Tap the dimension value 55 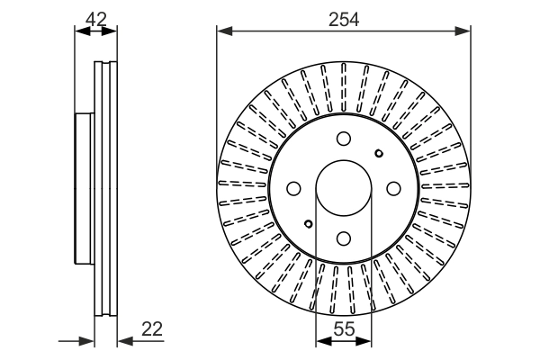[343, 329]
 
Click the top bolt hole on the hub [343, 139]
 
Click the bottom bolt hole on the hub [343, 238]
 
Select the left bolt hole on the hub [293, 188]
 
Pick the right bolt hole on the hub [392, 188]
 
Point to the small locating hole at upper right [378, 153]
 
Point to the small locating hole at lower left [308, 223]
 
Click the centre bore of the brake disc [343, 188]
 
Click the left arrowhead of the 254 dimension [221, 31]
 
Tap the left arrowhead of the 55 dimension [319, 341]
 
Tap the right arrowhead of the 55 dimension [366, 341]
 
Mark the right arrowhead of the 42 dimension [112, 31]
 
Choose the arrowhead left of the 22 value [123, 341]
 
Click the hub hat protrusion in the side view [84, 189]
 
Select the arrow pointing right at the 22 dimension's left [89, 341]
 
